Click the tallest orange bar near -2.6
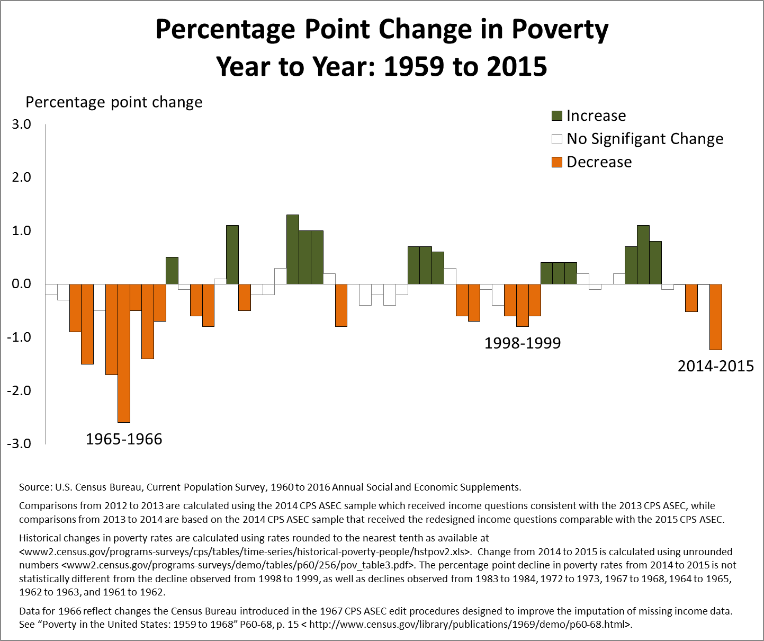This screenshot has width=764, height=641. [x=124, y=353]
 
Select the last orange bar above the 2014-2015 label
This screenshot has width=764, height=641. [x=716, y=317]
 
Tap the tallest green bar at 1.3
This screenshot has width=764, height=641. [x=293, y=250]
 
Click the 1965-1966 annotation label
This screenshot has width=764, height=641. [x=124, y=439]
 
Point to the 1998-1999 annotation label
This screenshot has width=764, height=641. [x=523, y=343]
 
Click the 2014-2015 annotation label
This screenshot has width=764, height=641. [x=716, y=366]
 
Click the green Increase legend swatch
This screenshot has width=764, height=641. [x=556, y=115]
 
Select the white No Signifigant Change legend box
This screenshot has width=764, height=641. [x=556, y=139]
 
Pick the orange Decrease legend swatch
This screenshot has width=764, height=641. [x=556, y=162]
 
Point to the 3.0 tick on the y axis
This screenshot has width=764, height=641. [x=22, y=124]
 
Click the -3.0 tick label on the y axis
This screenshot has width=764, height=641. [x=20, y=444]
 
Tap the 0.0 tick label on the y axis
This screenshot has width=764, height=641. [x=22, y=284]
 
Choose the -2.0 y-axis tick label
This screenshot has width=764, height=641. [x=20, y=390]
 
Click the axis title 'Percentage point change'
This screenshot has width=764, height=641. [x=114, y=102]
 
